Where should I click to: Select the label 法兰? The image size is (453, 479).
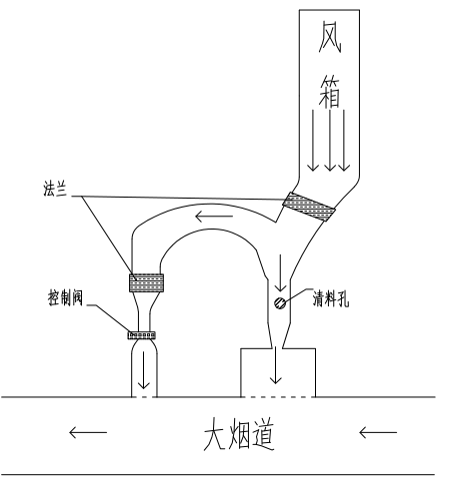click(55, 190)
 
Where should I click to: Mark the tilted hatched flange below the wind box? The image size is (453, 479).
click(311, 207)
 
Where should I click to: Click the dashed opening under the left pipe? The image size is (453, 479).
click(145, 398)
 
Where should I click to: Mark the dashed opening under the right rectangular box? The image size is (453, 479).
click(277, 398)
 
